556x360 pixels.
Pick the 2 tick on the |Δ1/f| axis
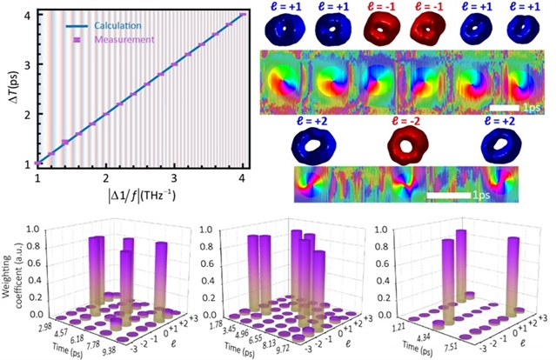[106, 177]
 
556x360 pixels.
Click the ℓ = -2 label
[407, 120]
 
